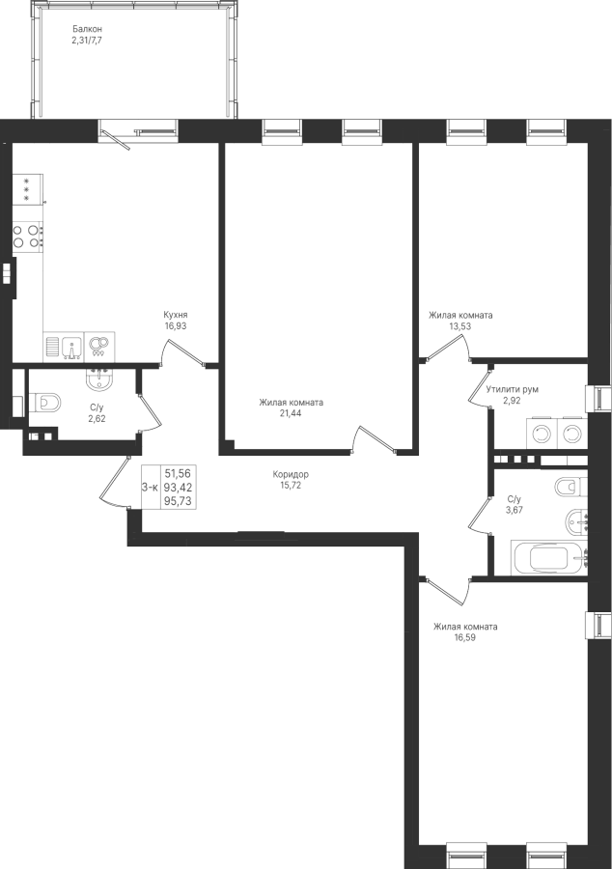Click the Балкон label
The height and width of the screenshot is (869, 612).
coord(88,29)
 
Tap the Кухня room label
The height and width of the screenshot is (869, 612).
coord(175,316)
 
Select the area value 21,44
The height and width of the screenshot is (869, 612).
coord(291,413)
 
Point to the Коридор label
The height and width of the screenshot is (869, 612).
coord(291,474)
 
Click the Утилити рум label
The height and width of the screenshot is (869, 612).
coord(513,390)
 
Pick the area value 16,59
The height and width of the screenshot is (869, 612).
coord(465,637)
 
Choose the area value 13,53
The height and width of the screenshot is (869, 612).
coord(460,326)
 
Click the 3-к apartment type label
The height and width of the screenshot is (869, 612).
coord(150,488)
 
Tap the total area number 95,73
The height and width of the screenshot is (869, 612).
coord(178,501)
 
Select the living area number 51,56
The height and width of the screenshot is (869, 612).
coord(178,473)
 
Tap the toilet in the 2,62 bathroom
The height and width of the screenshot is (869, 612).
coord(46,403)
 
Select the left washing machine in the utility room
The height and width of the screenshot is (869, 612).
coord(540,433)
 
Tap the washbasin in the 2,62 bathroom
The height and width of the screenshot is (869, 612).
coord(99,379)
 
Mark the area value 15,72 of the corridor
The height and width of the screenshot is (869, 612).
coord(291,486)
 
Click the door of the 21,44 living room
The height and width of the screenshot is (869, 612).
coord(375,440)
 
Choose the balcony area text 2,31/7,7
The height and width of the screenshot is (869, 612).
coord(87,40)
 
